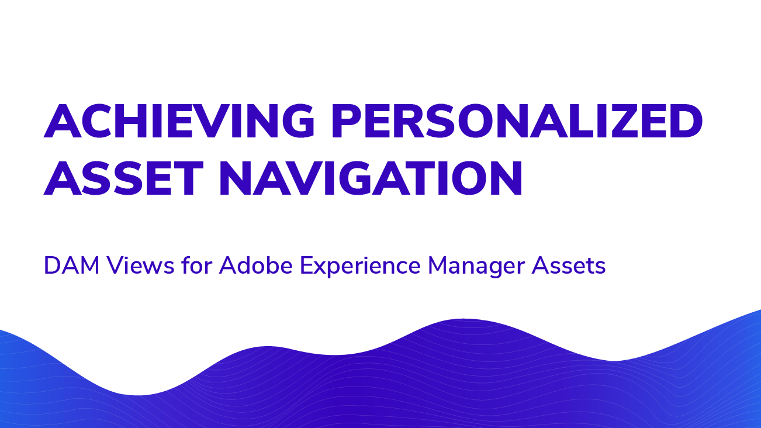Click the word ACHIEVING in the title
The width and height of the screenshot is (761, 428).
point(179,121)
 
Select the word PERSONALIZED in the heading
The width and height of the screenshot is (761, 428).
point(517,121)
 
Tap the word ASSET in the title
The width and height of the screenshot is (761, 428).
point(123,178)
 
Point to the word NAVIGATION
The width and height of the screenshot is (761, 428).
point(371,178)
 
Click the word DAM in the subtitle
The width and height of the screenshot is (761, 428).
point(71,265)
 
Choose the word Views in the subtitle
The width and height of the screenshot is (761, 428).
point(141,265)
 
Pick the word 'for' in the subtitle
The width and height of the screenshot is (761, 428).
point(197,265)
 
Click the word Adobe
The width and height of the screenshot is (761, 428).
point(255,265)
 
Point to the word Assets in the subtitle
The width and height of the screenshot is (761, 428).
point(569,265)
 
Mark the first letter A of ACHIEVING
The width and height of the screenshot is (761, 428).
point(63,121)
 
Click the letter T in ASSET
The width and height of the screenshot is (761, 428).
point(187,178)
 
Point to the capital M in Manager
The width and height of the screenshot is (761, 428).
point(438,265)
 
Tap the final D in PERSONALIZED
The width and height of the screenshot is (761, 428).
point(685,121)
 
